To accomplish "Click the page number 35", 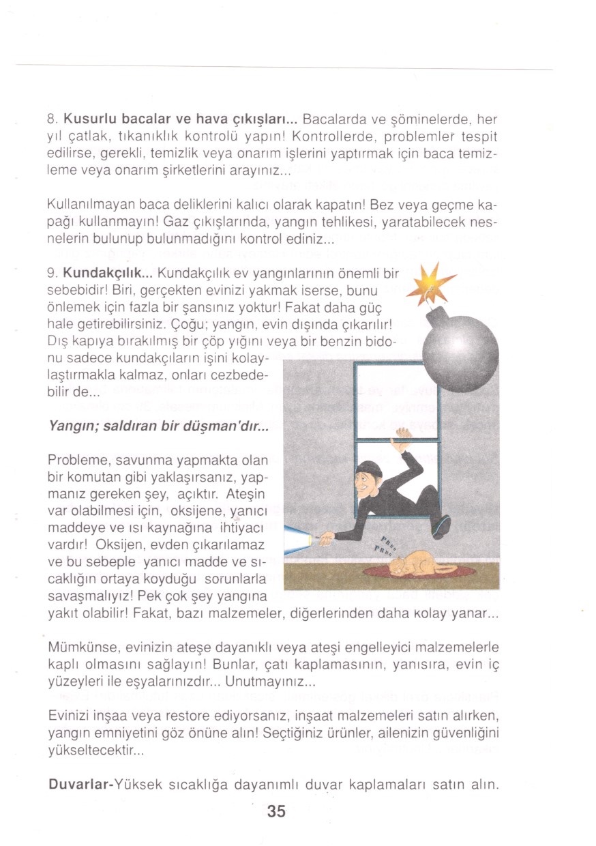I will tap(276, 811).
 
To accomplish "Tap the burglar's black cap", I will tap(369, 469).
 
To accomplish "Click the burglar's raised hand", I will tap(404, 437).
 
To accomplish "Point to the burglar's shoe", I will tap(441, 526).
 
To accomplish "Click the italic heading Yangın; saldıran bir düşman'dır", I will tap(159, 426).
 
